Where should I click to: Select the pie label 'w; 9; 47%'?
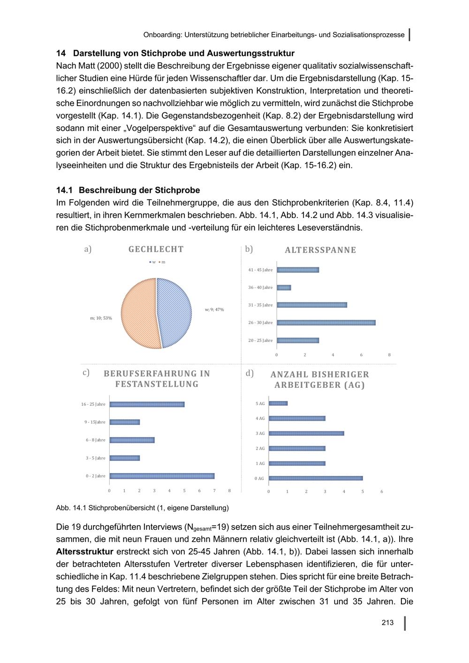(x=214, y=309)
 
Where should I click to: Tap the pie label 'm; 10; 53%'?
(x=101, y=318)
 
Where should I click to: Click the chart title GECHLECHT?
(x=156, y=249)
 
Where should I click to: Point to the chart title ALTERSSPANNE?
(x=320, y=250)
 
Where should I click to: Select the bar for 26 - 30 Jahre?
(x=326, y=323)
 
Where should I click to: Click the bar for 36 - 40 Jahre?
(x=284, y=287)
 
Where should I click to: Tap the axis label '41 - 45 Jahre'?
(x=260, y=270)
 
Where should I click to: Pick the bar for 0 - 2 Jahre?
(x=162, y=476)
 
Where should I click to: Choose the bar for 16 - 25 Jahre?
(x=147, y=404)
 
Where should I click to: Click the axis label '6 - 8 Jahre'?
(x=96, y=440)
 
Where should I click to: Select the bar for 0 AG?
(x=316, y=478)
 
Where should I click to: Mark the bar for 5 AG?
(x=278, y=403)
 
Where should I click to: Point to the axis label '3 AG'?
(x=260, y=433)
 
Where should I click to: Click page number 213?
(x=387, y=623)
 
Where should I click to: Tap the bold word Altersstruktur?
(x=84, y=551)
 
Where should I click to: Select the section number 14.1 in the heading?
(x=64, y=190)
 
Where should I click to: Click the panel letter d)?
(x=250, y=373)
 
